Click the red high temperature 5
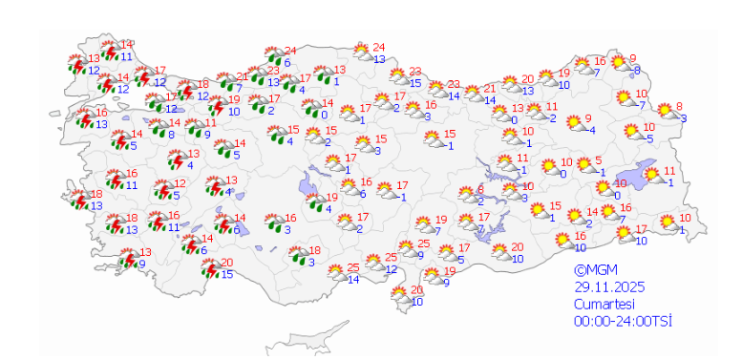[x=598, y=160]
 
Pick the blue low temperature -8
[x=636, y=70]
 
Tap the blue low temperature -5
[x=648, y=138]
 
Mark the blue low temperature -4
[x=591, y=130]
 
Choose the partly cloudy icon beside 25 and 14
[x=335, y=272]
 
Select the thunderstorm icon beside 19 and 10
[x=215, y=105]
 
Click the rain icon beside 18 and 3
[x=298, y=256]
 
